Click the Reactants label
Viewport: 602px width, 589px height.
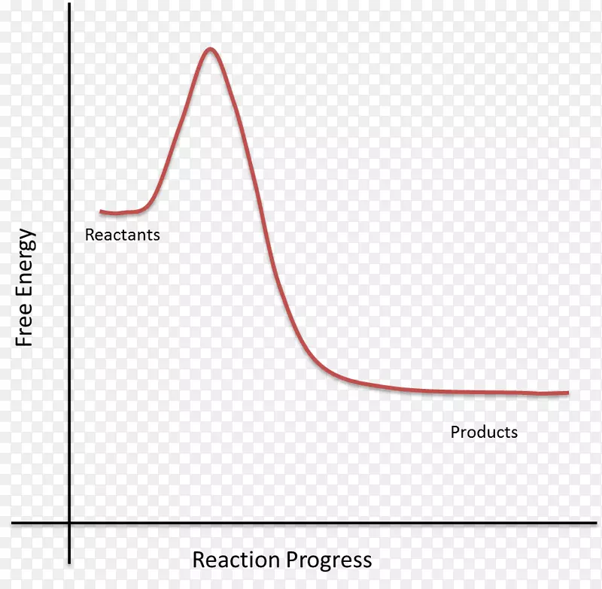[x=122, y=235]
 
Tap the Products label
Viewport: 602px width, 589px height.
[x=484, y=432]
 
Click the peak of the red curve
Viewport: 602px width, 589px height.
[x=210, y=50]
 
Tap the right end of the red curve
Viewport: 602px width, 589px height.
[x=567, y=392]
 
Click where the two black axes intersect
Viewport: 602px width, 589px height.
[x=69, y=523]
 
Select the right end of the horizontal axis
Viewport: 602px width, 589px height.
[x=600, y=523]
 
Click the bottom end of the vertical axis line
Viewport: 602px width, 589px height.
[x=69, y=563]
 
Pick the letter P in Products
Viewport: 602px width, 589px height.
[x=455, y=432]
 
